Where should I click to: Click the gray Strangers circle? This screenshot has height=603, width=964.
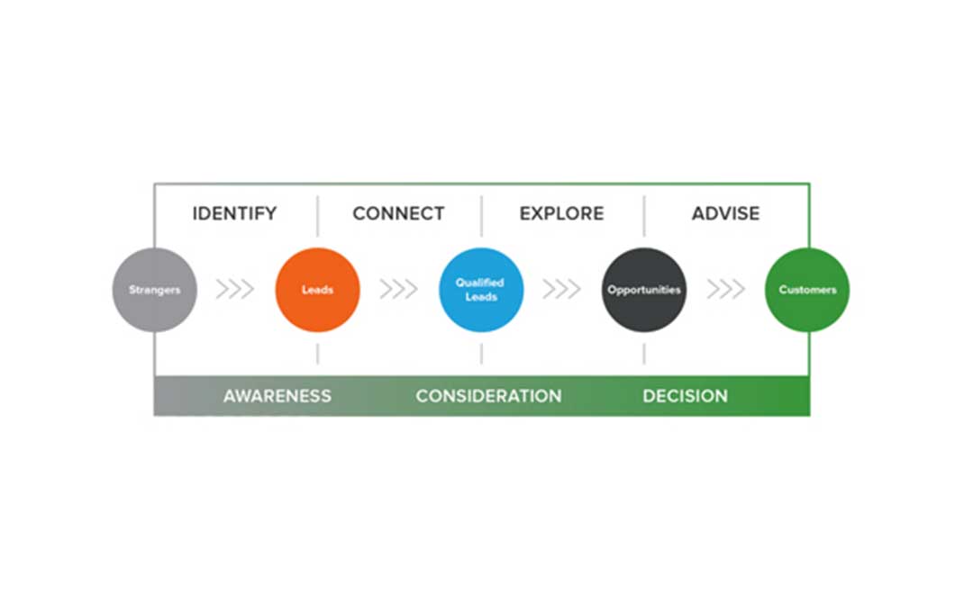(154, 290)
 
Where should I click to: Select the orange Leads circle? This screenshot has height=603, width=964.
(317, 290)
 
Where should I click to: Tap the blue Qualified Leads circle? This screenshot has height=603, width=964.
(481, 290)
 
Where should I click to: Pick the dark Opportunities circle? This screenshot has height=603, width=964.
(644, 290)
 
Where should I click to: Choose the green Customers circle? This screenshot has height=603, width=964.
(807, 290)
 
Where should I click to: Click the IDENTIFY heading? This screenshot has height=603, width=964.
(234, 213)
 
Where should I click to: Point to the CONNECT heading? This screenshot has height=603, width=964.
(398, 213)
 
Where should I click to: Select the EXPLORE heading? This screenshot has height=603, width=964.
(561, 213)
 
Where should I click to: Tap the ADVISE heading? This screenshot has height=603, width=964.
(725, 213)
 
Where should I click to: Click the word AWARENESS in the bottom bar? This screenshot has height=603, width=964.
(277, 396)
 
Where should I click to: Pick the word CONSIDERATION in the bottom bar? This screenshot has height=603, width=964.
(489, 396)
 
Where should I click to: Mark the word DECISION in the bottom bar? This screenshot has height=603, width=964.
(685, 396)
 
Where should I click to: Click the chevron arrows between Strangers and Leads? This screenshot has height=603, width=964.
(235, 289)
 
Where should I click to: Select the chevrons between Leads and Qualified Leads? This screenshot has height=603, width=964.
(398, 289)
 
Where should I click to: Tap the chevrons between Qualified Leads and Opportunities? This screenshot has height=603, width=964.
(561, 289)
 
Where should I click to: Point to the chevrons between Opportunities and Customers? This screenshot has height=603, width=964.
(725, 289)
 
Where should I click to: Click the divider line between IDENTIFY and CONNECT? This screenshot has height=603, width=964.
(318, 216)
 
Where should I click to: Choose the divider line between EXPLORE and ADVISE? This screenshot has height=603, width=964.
(644, 216)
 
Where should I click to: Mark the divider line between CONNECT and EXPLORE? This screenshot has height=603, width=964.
(481, 216)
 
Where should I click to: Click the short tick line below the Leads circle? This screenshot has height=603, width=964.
(318, 354)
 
